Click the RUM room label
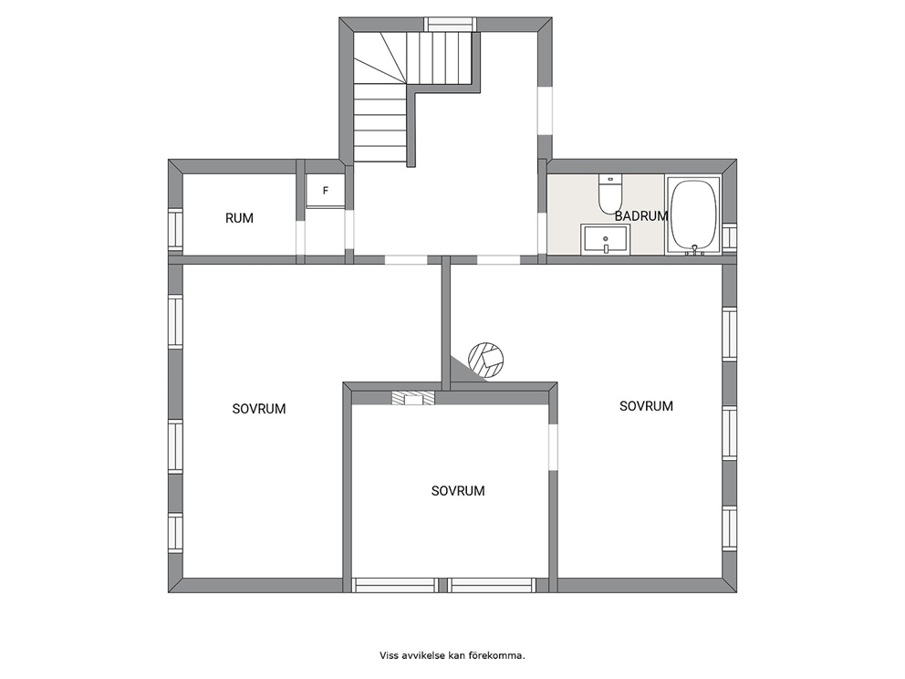click(x=239, y=218)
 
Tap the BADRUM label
click(x=641, y=216)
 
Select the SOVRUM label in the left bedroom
click(x=259, y=409)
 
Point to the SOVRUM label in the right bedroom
click(x=647, y=406)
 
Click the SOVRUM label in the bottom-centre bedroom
click(x=458, y=491)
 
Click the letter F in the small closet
click(x=326, y=191)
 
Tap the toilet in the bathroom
click(x=609, y=193)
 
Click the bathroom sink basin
click(x=606, y=239)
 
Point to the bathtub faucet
click(x=694, y=250)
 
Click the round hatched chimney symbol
click(x=486, y=360)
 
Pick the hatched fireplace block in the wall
click(x=413, y=398)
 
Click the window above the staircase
click(x=451, y=25)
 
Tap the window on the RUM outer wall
click(x=175, y=230)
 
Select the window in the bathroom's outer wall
click(x=730, y=236)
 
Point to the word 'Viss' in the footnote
click(x=388, y=655)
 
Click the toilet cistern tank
click(x=609, y=179)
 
